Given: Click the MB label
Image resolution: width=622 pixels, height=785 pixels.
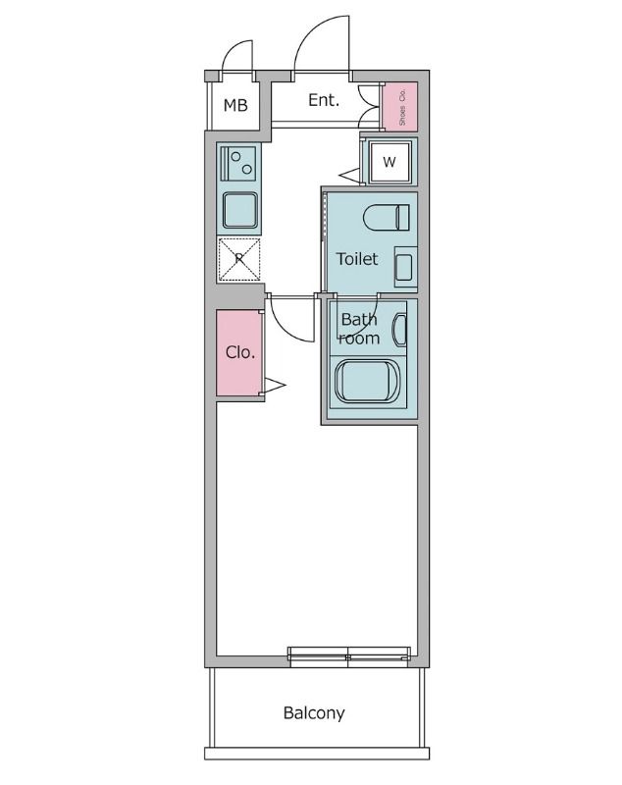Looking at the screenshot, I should point(235,106).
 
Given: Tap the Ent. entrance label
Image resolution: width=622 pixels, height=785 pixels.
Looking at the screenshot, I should point(324,99).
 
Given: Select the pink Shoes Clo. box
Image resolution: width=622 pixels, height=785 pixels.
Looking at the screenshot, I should point(399,107).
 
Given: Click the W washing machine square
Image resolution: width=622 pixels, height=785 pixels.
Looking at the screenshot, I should point(389,162).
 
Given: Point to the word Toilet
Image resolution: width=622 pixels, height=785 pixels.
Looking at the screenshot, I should point(357,259).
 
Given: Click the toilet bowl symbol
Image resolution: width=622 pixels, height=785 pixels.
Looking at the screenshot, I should point(386,216).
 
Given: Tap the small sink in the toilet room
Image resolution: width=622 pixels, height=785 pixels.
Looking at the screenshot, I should point(404,266).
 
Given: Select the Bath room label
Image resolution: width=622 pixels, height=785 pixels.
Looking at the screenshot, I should point(359,329).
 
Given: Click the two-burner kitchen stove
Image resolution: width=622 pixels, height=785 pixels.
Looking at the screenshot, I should point(238,163).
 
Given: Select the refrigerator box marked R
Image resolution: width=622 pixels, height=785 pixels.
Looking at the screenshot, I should point(238,260).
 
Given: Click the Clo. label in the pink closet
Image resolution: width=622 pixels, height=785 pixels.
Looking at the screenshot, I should point(239,352).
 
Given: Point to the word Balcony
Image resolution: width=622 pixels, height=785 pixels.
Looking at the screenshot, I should point(314,713).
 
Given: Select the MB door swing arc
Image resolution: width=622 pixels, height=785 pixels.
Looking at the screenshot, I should point(235,56).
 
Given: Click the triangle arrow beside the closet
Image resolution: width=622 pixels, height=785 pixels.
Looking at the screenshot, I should point(274,387).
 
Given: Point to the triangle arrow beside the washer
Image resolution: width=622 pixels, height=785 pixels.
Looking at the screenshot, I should point(350,176).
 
